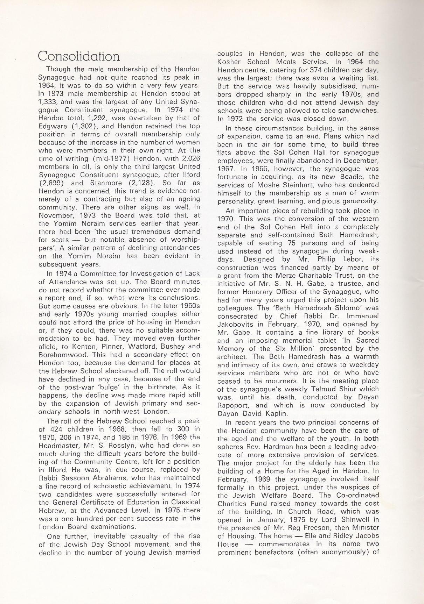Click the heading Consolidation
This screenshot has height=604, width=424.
point(78,56)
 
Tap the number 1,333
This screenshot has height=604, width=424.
point(49,102)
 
